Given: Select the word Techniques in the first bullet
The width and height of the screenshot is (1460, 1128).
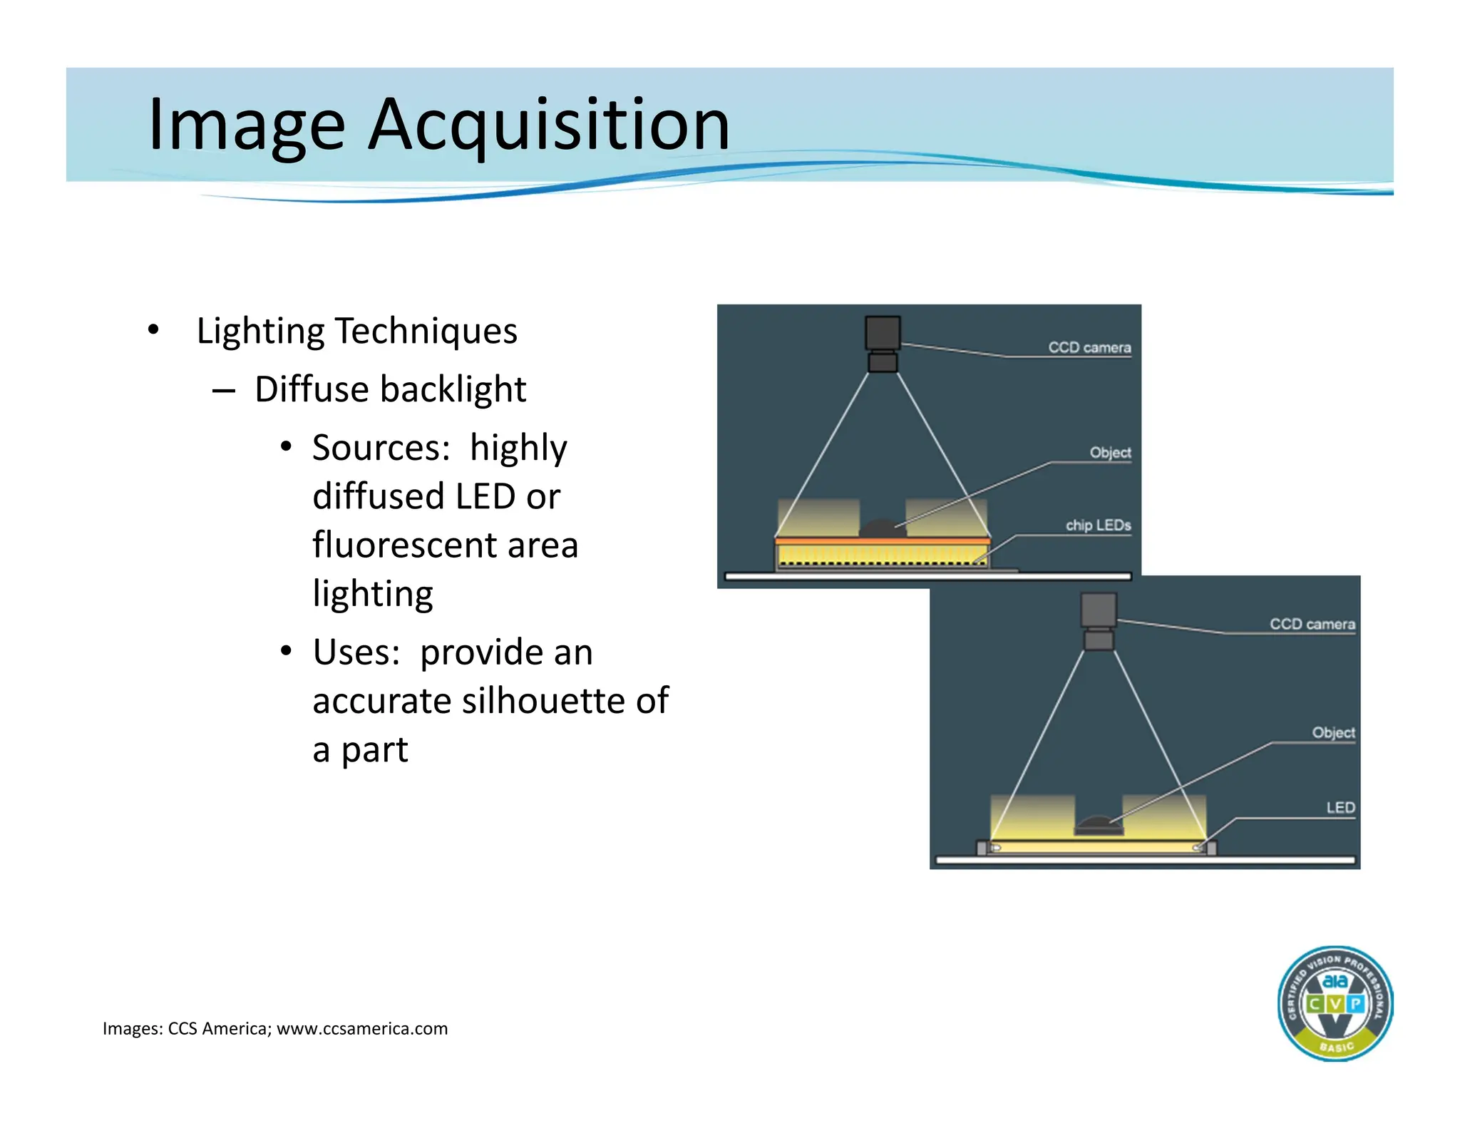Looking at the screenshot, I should coord(426,332).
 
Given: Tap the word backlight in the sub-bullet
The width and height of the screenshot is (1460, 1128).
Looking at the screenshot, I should coord(453,390).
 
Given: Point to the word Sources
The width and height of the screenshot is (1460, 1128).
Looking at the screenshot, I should coord(381,448).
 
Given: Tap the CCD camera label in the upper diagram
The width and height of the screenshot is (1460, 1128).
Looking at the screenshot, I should coord(1089,347).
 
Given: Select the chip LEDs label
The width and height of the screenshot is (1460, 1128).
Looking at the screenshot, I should coord(1098,525).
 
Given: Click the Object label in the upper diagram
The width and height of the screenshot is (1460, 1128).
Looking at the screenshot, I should coord(1110,453).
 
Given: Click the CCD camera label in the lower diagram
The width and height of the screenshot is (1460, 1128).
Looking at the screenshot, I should coord(1312,624).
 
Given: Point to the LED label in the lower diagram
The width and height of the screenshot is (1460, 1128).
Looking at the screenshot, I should coord(1340,808).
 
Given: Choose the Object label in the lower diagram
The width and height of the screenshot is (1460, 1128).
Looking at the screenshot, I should coord(1333,733).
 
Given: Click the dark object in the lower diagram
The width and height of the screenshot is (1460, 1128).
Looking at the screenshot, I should coord(1099,826).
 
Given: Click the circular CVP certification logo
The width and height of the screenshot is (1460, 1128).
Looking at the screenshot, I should coord(1335,1004).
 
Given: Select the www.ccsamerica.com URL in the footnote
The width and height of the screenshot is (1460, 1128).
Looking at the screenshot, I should coord(362,1029).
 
